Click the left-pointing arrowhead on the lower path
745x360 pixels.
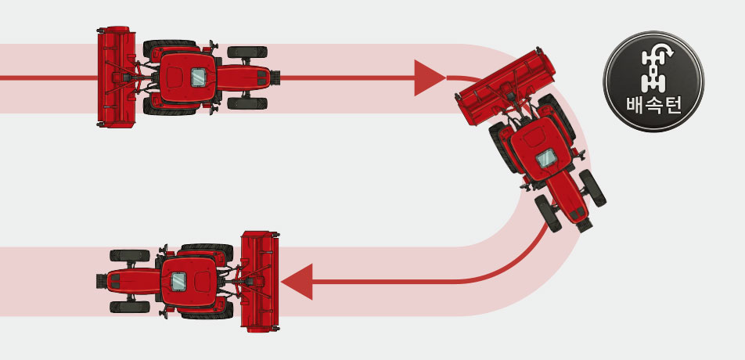point(297,282)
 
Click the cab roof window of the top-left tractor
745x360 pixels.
point(198,77)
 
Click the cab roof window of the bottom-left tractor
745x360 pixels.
point(178,282)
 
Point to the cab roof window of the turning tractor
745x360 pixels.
point(546,158)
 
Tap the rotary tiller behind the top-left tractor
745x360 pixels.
point(116,77)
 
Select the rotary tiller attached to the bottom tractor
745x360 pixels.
point(260,282)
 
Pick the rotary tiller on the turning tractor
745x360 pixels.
point(506,86)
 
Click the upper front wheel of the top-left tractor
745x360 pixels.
point(247,52)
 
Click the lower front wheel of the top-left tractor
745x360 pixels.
point(247,103)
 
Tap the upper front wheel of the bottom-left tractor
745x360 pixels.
point(130,255)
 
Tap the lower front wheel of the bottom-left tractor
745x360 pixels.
point(130,307)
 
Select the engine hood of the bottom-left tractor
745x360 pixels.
point(133,281)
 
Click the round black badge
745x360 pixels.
point(653,81)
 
